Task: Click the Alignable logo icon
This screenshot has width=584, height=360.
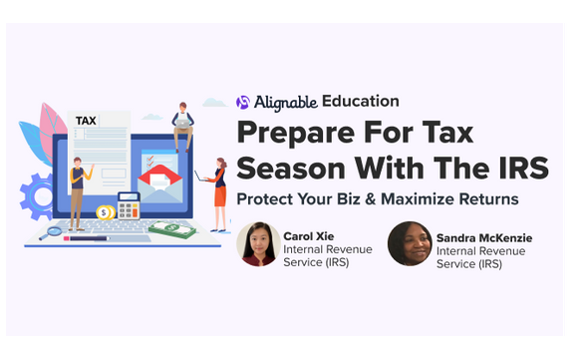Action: pyautogui.click(x=242, y=102)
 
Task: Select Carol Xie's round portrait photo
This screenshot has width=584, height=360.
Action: pyautogui.click(x=257, y=244)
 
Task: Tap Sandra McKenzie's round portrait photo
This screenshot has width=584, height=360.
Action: pyautogui.click(x=409, y=244)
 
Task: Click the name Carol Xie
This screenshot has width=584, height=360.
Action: pyautogui.click(x=312, y=235)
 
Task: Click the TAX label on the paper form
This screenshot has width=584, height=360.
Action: pyautogui.click(x=87, y=121)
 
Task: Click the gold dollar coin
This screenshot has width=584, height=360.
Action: pyautogui.click(x=105, y=211)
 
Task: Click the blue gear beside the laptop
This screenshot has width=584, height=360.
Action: pyautogui.click(x=39, y=194)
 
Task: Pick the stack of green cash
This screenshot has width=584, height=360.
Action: pyautogui.click(x=171, y=228)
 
